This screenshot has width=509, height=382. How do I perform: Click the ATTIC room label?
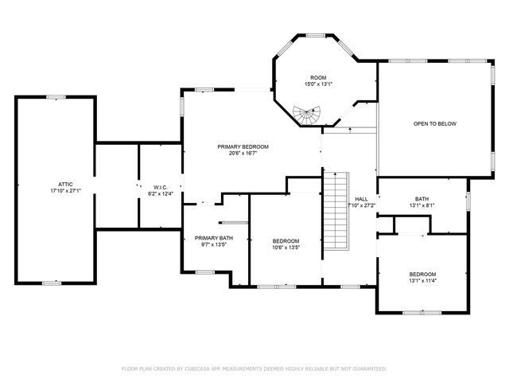(x=54, y=184)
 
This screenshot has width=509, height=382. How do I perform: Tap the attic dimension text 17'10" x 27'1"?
(x=54, y=190)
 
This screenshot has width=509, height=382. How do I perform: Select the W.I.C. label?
(x=161, y=187)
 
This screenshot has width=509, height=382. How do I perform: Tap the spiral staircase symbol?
(x=306, y=116)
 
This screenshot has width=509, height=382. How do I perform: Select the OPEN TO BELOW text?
(x=434, y=123)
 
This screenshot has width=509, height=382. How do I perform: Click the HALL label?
(x=361, y=199)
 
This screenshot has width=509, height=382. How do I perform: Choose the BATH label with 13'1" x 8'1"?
(x=422, y=199)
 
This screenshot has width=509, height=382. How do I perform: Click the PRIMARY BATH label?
(x=214, y=238)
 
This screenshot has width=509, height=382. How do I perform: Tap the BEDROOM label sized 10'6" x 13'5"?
(x=286, y=241)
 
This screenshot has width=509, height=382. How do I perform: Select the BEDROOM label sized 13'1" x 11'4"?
(x=422, y=274)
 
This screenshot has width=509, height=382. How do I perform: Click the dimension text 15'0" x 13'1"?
(x=318, y=84)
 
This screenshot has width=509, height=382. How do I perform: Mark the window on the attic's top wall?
(x=56, y=97)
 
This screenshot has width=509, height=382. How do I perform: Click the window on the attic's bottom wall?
(x=52, y=283)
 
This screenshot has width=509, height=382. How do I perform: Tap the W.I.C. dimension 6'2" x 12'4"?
(x=161, y=193)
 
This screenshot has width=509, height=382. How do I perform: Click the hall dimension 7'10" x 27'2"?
(x=362, y=205)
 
